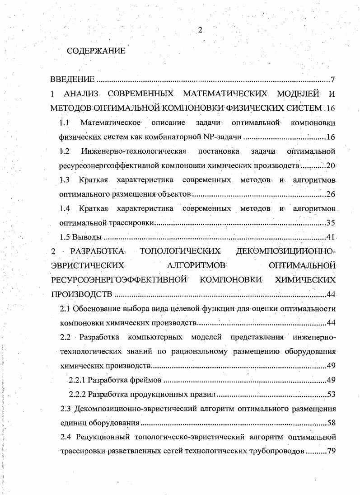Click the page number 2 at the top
click(x=200, y=30)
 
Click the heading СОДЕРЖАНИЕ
click(x=96, y=51)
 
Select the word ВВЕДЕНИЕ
click(x=72, y=80)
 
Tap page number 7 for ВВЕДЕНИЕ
click(x=332, y=80)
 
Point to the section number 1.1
click(x=65, y=123)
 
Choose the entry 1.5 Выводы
click(x=81, y=237)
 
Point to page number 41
click(x=331, y=237)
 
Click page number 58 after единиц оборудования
click(x=331, y=423)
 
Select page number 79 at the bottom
click(x=331, y=452)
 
